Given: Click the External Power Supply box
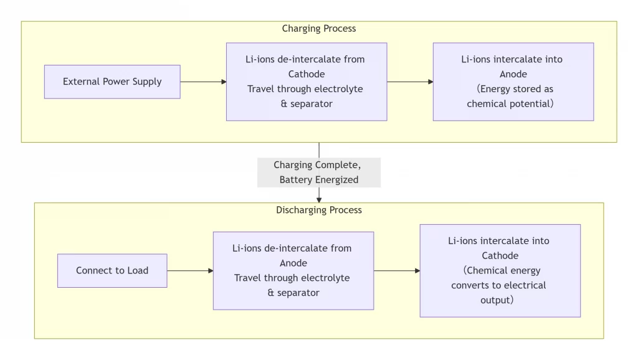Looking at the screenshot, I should click(x=112, y=82).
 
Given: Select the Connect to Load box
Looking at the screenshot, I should click(x=112, y=270).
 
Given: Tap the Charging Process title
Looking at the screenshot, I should click(x=318, y=29).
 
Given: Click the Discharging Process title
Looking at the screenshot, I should click(x=318, y=210).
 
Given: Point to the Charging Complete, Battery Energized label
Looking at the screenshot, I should click(x=318, y=173).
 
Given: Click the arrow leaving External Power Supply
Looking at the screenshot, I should click(x=203, y=82).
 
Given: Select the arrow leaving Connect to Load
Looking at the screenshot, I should click(x=190, y=270).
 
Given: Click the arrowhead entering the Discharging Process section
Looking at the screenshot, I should click(x=319, y=199).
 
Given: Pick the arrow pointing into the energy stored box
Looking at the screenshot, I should click(x=410, y=82).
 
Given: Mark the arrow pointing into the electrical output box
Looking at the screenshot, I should click(x=397, y=270).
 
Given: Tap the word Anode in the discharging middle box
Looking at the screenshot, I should click(x=293, y=263).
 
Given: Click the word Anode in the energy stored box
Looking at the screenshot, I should click(x=513, y=74).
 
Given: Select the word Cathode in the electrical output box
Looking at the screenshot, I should click(x=500, y=255).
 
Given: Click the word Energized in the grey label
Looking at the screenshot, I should click(x=336, y=180).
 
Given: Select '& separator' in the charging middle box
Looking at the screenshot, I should click(x=307, y=104).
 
